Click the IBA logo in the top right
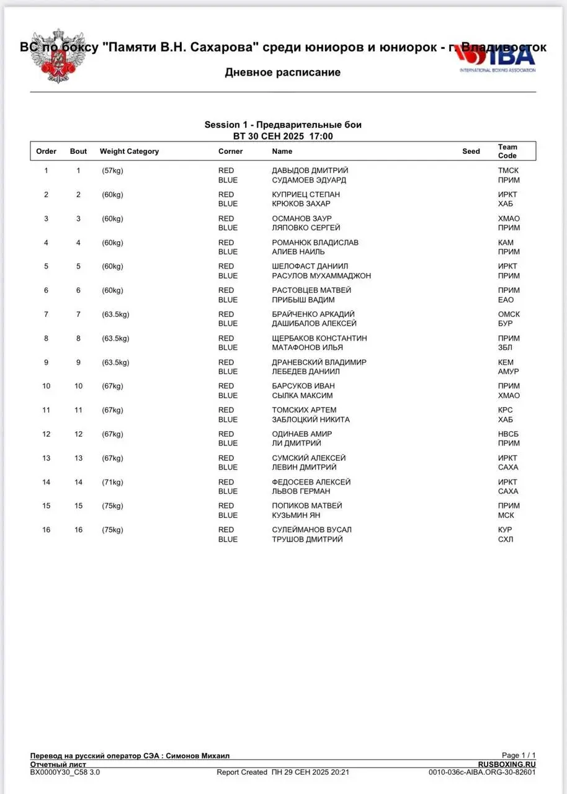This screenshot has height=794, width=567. tap(496, 60)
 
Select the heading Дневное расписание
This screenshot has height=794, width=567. tap(282, 73)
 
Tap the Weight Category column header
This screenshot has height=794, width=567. tap(129, 151)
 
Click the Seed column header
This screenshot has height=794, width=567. tap(471, 151)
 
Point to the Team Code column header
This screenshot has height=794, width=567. tap(507, 151)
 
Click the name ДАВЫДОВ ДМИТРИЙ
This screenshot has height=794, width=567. tap(310, 171)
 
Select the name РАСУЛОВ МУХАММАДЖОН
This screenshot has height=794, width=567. tap(321, 275)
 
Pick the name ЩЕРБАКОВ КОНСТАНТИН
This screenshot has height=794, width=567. tap(319, 338)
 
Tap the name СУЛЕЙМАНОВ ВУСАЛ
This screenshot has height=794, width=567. tap(311, 530)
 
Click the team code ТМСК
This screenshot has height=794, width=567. tap(508, 171)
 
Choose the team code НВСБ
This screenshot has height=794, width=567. tap(509, 434)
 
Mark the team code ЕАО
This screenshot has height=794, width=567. tap(506, 300)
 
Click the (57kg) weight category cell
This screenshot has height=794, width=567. tap(113, 171)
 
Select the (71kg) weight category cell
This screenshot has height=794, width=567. tap(113, 482)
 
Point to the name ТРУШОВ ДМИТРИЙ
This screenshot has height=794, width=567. tap(307, 539)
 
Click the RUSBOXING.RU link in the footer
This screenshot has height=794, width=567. tap(507, 764)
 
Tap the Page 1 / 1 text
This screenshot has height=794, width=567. tap(519, 755)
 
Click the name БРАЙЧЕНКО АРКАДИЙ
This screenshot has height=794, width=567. tap(313, 314)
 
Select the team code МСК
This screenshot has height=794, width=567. tap(506, 515)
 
